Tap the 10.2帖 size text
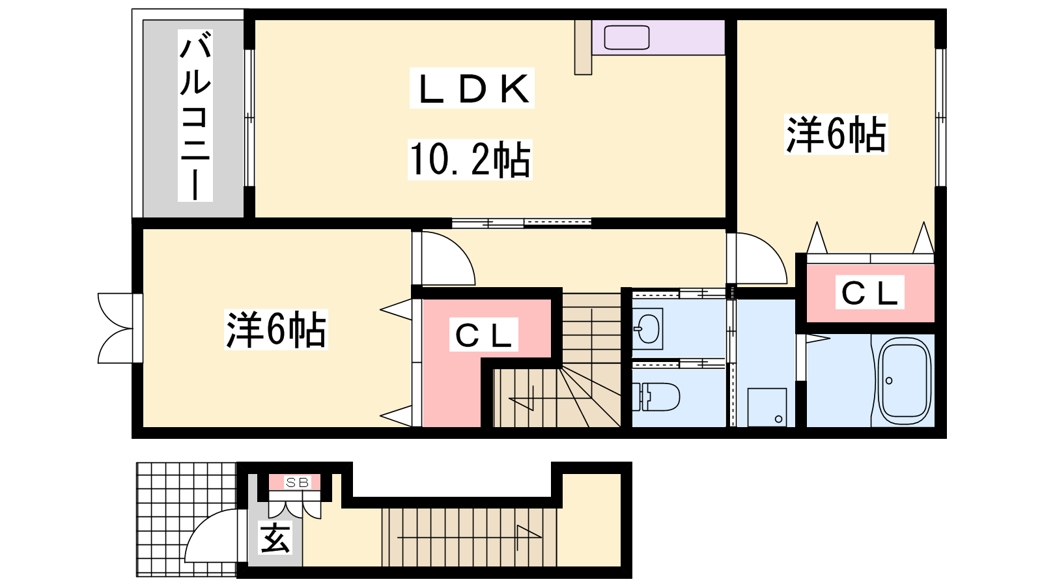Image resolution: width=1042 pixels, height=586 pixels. [x=470, y=160]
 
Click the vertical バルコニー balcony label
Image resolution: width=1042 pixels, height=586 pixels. [x=195, y=116]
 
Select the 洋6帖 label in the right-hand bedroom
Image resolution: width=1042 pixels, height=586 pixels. [x=836, y=134]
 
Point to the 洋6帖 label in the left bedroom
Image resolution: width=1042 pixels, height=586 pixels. [x=276, y=329]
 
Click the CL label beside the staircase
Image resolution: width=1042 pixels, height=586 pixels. [x=484, y=335]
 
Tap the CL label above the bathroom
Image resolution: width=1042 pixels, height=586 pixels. [x=869, y=292]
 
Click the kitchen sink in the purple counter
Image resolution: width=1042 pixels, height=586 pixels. [x=627, y=37]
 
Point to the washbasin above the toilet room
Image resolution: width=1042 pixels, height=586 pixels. [x=647, y=328]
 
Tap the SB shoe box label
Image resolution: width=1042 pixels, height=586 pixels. [x=297, y=482]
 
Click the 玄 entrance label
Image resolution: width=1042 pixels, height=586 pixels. [x=275, y=538]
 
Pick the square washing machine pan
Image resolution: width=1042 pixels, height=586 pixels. [x=767, y=408]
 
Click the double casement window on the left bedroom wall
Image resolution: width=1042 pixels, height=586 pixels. [x=117, y=328]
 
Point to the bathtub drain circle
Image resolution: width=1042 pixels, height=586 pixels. [x=889, y=381]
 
